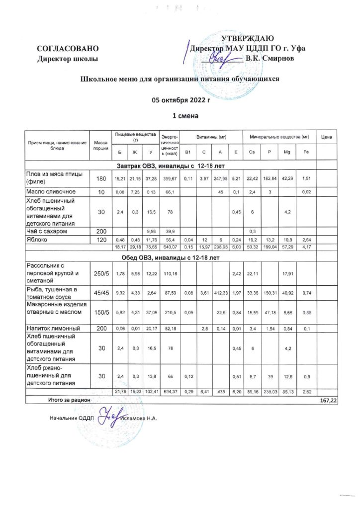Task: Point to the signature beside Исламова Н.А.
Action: pyautogui.click(x=109, y=416)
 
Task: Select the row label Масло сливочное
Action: pyautogui.click(x=51, y=191)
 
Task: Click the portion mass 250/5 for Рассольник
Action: pyautogui.click(x=100, y=272)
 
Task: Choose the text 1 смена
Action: pyautogui.click(x=181, y=116)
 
